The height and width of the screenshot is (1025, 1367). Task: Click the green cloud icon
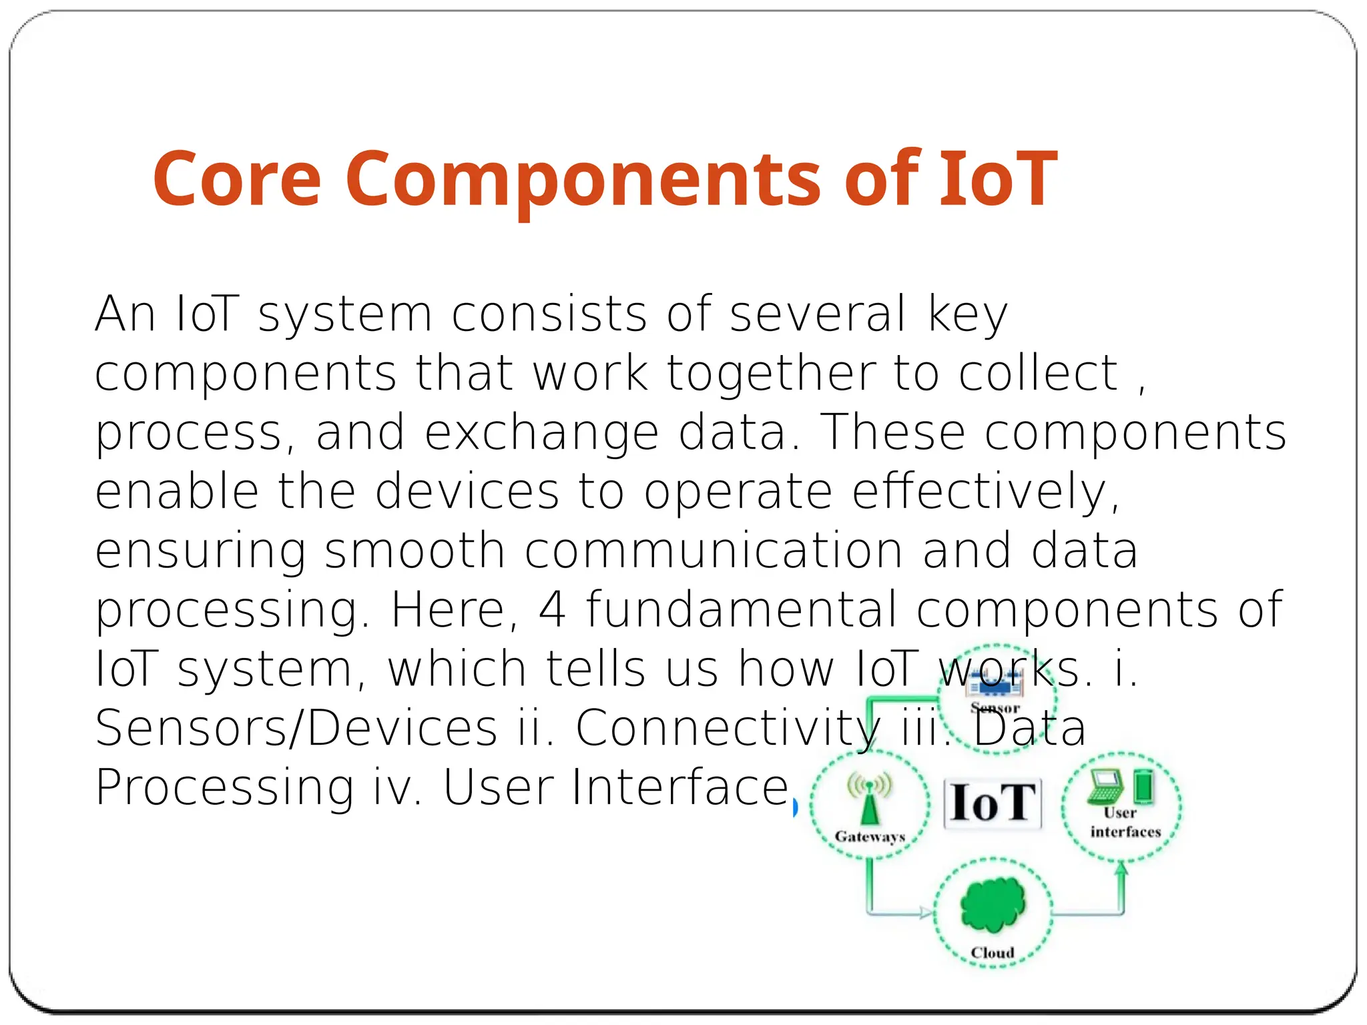tap(993, 904)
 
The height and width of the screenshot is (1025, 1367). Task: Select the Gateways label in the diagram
tap(870, 837)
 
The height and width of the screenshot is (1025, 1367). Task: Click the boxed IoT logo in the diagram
tap(993, 803)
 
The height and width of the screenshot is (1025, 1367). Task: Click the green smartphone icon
tap(1143, 787)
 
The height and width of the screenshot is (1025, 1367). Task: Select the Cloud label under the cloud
tap(993, 953)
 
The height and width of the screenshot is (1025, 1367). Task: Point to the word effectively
tap(985, 492)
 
